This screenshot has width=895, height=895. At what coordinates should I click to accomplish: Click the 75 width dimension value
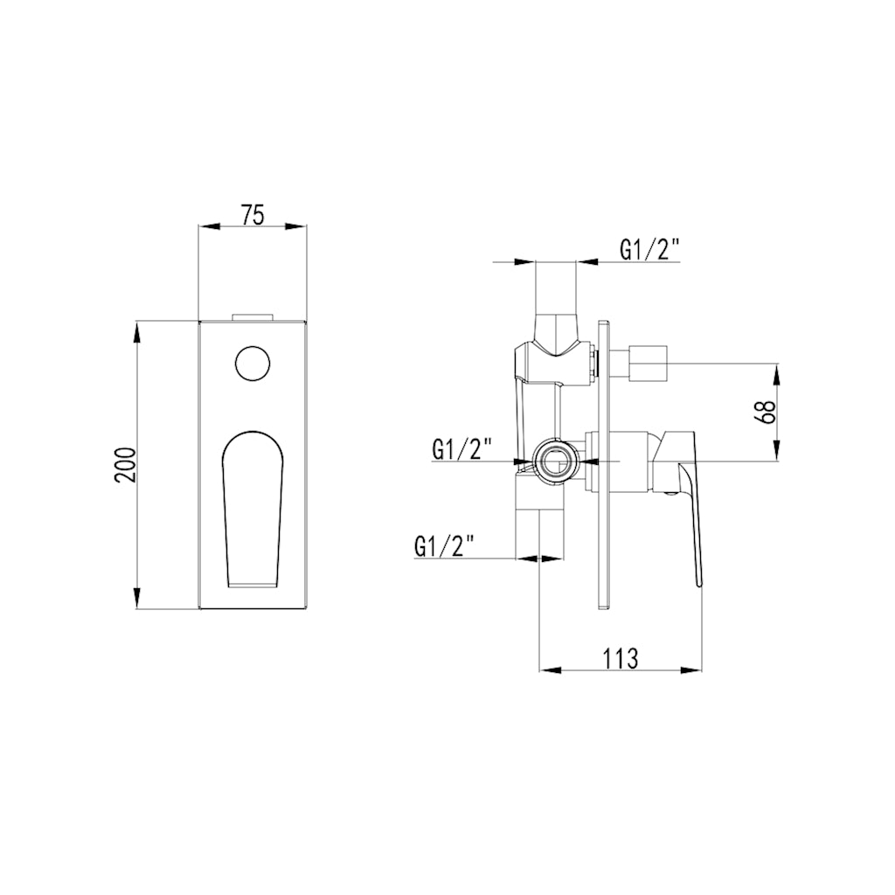253,214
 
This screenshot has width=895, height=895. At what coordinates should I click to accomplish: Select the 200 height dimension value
125,465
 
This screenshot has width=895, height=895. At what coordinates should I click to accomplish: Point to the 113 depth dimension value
621,658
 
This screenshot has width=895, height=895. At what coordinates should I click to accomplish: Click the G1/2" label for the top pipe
650,250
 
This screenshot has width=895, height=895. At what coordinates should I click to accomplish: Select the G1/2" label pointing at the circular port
461,450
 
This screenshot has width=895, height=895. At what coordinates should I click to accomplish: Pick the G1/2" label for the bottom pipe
444,546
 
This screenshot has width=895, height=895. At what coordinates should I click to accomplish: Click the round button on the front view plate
253,363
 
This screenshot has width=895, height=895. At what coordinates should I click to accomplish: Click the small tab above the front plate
253,316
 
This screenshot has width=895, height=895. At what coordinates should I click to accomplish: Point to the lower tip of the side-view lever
699,581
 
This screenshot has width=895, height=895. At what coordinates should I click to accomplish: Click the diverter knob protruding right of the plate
647,363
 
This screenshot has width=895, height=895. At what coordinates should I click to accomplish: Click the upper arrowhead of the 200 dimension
137,328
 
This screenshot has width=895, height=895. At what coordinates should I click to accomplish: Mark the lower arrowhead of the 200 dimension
137,602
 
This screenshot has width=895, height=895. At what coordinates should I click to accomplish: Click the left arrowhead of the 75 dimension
205,226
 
